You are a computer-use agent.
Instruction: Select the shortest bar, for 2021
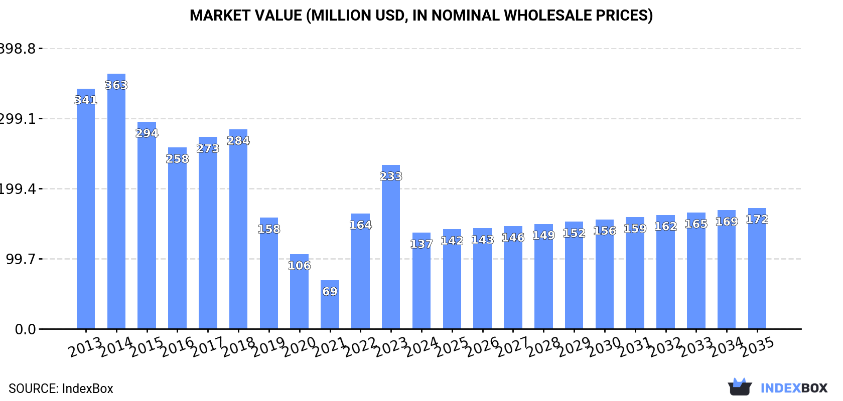click(x=330, y=305)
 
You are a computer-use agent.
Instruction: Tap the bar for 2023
click(x=391, y=247)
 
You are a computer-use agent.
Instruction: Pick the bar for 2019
click(x=269, y=273)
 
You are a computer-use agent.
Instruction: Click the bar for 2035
click(x=757, y=268)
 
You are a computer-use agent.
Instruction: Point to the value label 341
click(x=86, y=100)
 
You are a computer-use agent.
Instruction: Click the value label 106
click(x=300, y=266)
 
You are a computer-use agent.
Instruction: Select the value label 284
click(x=238, y=141)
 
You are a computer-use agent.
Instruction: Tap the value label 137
click(x=421, y=244)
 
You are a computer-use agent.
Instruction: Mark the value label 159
click(x=635, y=229)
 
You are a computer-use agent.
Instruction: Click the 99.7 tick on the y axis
click(x=21, y=259)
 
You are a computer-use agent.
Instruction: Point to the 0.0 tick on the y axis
click(x=25, y=329)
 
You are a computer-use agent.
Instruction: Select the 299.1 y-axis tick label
click(x=18, y=119)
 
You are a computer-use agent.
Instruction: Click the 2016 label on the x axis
click(x=178, y=346)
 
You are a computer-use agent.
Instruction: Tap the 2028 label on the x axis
click(x=544, y=346)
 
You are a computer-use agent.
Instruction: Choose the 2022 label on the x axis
click(x=361, y=346)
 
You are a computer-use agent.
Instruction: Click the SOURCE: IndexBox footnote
click(x=61, y=388)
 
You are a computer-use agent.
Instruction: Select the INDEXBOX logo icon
click(x=740, y=387)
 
